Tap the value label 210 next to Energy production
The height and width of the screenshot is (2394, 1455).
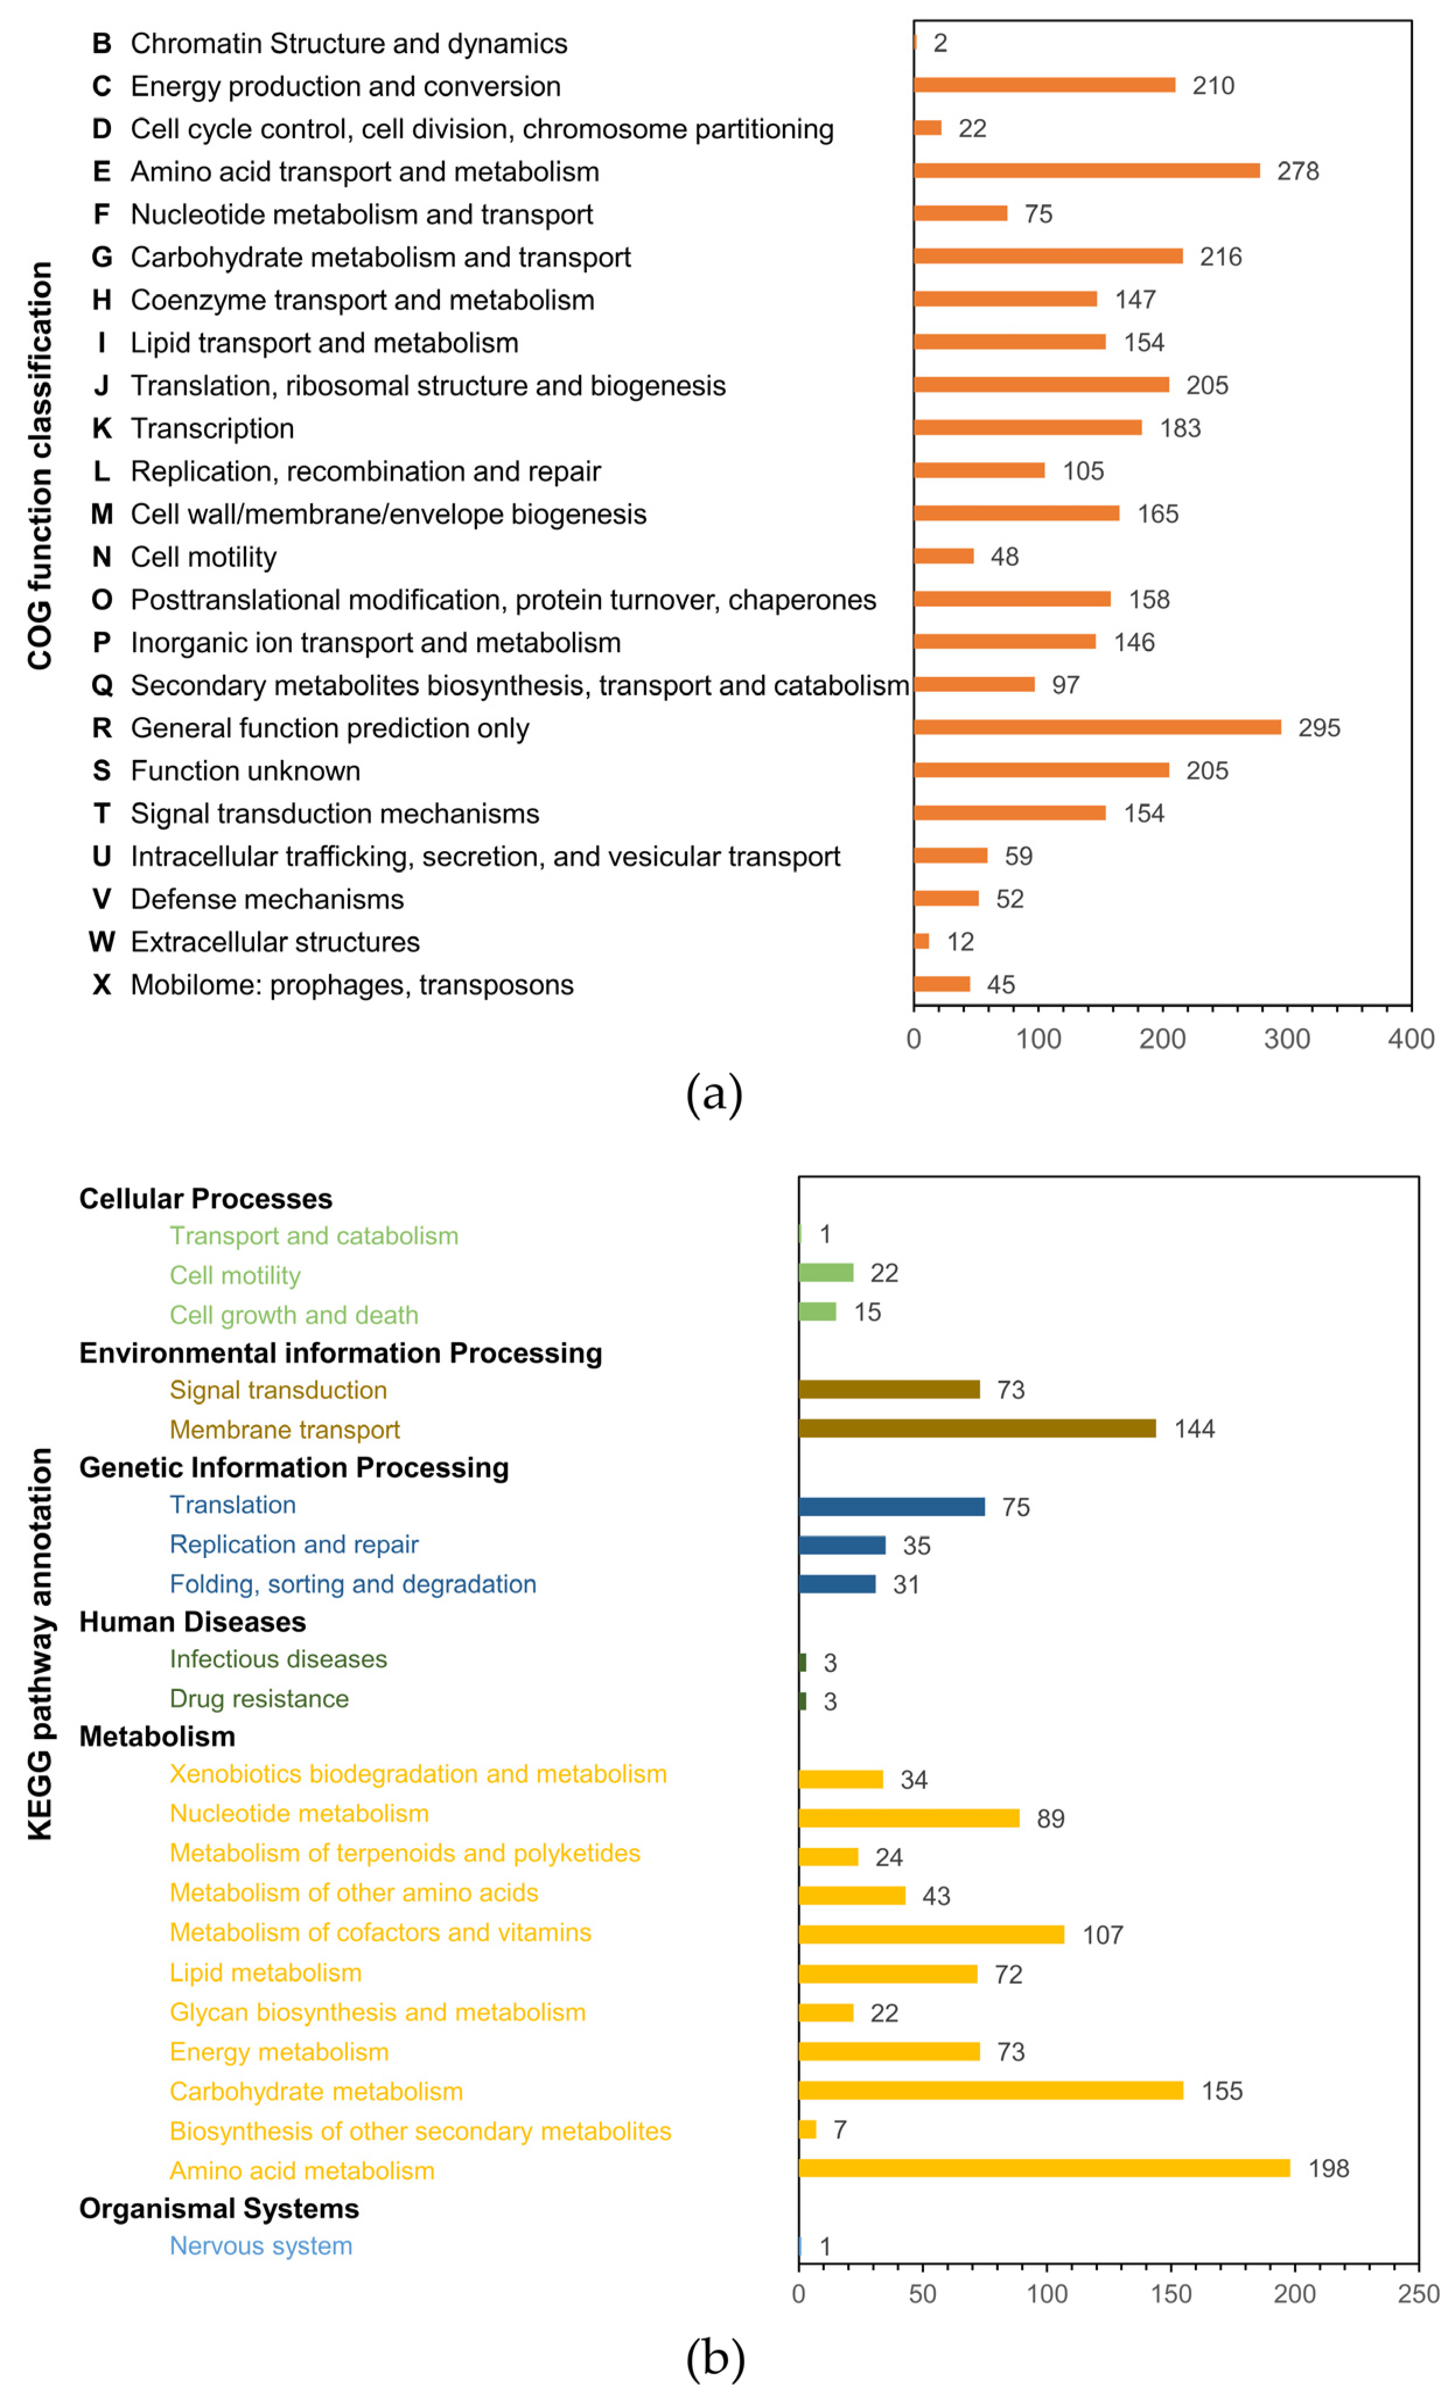coord(1213,86)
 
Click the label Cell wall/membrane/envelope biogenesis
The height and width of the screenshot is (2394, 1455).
coord(388,514)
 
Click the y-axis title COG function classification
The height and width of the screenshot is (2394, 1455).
coord(40,466)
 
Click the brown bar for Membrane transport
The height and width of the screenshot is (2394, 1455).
coord(977,1428)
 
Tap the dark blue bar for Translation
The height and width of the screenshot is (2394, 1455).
coord(891,1507)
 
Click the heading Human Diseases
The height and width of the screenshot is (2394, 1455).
coord(193,1622)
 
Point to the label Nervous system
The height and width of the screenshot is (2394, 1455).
coord(260,2246)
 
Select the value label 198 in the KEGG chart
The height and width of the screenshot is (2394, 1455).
coord(1328,2169)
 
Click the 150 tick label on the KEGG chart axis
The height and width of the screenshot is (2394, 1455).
coord(1170,2294)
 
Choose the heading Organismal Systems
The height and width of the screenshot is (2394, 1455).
coord(219,2208)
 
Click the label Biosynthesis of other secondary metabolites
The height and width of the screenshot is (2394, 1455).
coord(420,2131)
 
